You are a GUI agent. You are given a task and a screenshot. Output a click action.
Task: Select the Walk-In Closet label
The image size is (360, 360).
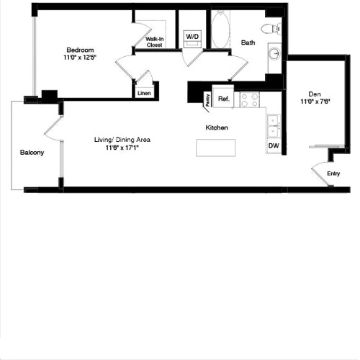pyautogui.click(x=154, y=42)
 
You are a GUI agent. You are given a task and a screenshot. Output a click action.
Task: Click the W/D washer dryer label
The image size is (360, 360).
pyautogui.click(x=192, y=35)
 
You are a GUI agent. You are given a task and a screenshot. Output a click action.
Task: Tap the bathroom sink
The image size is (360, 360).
pyautogui.click(x=274, y=54)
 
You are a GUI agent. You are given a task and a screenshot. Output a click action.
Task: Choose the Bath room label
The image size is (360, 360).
pyautogui.click(x=248, y=42)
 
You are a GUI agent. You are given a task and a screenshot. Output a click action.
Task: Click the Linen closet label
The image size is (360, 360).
pyautogui.click(x=144, y=93)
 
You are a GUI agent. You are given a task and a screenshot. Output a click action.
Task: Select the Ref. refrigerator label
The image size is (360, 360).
pyautogui.click(x=224, y=98)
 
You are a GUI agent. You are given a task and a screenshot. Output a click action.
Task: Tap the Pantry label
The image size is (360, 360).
pyautogui.click(x=207, y=100)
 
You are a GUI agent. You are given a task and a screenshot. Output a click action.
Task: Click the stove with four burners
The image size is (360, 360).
pyautogui.click(x=249, y=100)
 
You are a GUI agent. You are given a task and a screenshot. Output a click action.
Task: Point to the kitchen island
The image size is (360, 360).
pyautogui.click(x=216, y=148)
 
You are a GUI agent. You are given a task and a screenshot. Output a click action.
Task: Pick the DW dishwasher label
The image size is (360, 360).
pyautogui.click(x=274, y=145)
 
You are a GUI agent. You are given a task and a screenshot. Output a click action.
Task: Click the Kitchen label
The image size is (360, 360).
pyautogui.click(x=217, y=127)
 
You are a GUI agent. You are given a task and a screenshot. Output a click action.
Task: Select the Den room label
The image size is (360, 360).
pyautogui.click(x=315, y=94)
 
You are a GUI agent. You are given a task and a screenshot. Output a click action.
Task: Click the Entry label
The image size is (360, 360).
pyautogui.click(x=333, y=173)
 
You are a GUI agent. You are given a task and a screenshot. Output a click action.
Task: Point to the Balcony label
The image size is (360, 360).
pyautogui.click(x=32, y=153)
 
